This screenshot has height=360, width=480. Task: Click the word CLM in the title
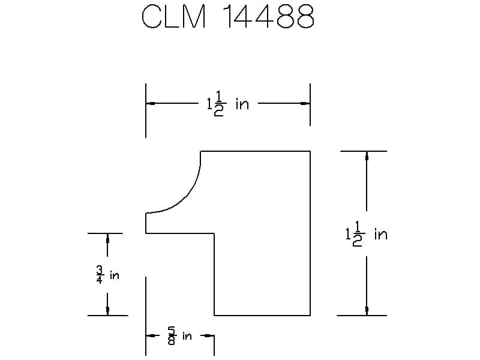coord(174,17)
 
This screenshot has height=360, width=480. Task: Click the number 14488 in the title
coord(268,17)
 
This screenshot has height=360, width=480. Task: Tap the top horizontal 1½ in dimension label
coord(227,104)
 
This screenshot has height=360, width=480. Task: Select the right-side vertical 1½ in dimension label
coord(367,234)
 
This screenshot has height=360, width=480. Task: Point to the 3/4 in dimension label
coord(107,275)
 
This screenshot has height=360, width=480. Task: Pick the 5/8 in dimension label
coord(179,336)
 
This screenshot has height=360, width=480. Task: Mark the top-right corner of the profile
coord(310,151)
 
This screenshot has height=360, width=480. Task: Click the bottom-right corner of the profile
coord(310,315)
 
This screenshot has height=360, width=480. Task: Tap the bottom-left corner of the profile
coord(215,315)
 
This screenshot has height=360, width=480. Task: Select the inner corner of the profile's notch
coord(215,233)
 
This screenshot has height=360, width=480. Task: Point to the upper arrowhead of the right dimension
coord(367,155)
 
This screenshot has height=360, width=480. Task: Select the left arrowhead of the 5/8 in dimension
coord(150,336)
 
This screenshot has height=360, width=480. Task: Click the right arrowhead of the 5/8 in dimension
coord(211,336)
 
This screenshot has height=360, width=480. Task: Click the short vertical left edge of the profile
coord(146,223)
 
